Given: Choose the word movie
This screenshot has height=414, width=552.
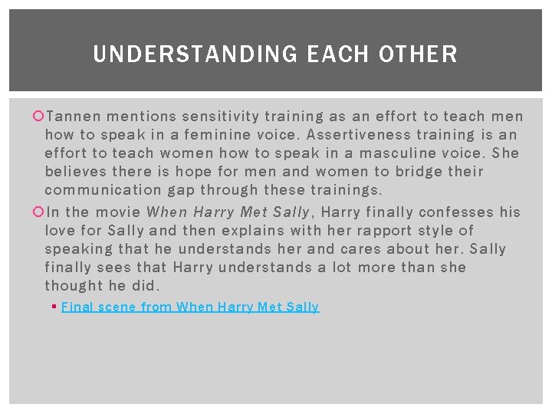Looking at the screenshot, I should pos(120,212).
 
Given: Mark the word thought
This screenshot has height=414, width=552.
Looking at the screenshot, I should pos(74,286).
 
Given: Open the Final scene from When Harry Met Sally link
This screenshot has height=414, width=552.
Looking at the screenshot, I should pos(190,307).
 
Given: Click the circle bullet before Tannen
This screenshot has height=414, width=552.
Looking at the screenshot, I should pos(39,117).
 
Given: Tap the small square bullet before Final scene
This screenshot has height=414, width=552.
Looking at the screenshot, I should pos(57,307).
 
